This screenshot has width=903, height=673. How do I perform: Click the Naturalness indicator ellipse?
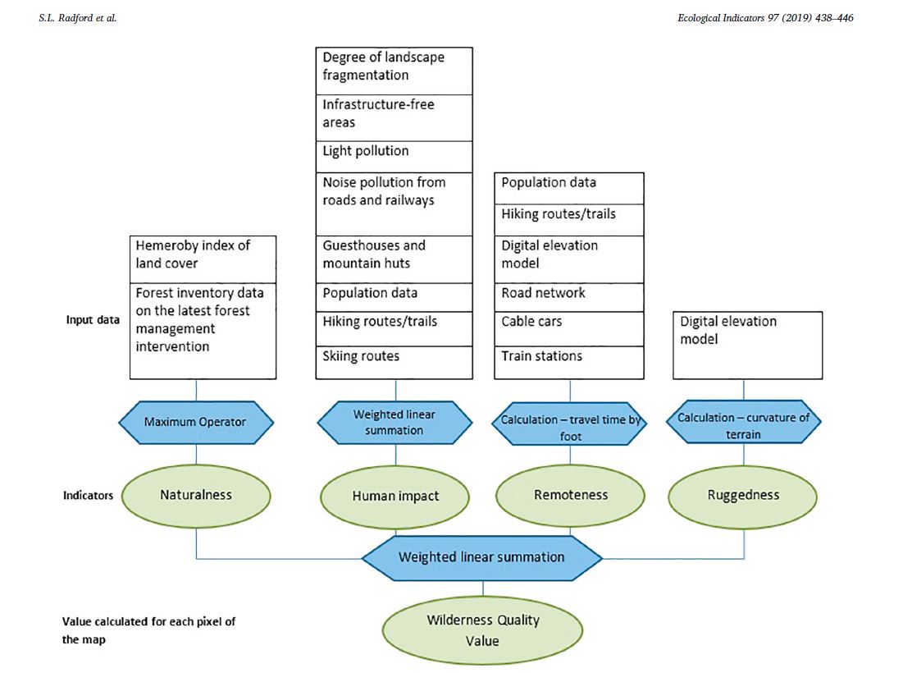pyautogui.click(x=196, y=496)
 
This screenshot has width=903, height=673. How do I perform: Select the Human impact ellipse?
pyautogui.click(x=395, y=496)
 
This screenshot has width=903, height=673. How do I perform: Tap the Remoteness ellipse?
pyautogui.click(x=571, y=496)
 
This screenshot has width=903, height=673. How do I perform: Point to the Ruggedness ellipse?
pyautogui.click(x=743, y=496)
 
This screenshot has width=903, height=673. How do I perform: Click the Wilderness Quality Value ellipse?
pyautogui.click(x=482, y=630)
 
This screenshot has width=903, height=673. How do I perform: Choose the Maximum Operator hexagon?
pyautogui.click(x=196, y=423)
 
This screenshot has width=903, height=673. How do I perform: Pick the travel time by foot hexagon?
pyautogui.click(x=571, y=423)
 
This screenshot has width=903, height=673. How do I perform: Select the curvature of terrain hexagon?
pyautogui.click(x=743, y=423)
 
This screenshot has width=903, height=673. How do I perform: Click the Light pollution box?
pyautogui.click(x=394, y=156)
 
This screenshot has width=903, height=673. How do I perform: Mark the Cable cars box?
pyautogui.click(x=569, y=327)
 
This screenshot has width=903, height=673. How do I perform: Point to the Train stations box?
pyautogui.click(x=569, y=362)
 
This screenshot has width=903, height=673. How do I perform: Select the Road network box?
pyautogui.click(x=569, y=297)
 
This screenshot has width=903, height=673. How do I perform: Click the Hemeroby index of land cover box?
pyautogui.click(x=203, y=259)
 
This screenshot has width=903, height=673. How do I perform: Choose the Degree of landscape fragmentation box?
pyautogui.click(x=394, y=71)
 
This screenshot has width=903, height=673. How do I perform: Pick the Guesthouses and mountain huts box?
pyautogui.click(x=394, y=259)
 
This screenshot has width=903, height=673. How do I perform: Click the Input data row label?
pyautogui.click(x=92, y=320)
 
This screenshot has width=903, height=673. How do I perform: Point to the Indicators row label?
pyautogui.click(x=89, y=496)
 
